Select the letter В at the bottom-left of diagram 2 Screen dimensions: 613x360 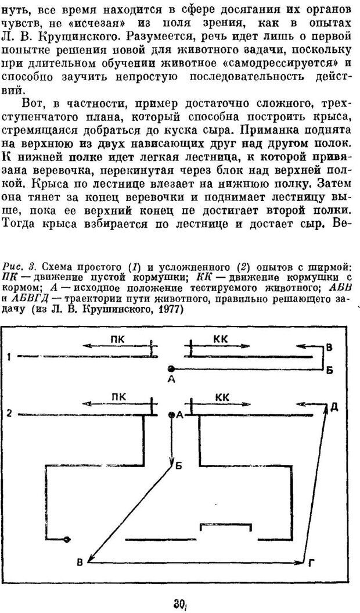(x=80, y=561)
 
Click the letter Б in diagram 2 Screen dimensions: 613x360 (x=179, y=466)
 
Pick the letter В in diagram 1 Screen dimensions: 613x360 (x=329, y=348)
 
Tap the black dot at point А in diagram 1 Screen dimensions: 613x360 (x=171, y=368)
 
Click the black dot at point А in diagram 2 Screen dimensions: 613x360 (x=170, y=415)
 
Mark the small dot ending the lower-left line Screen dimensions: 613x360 (x=67, y=539)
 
